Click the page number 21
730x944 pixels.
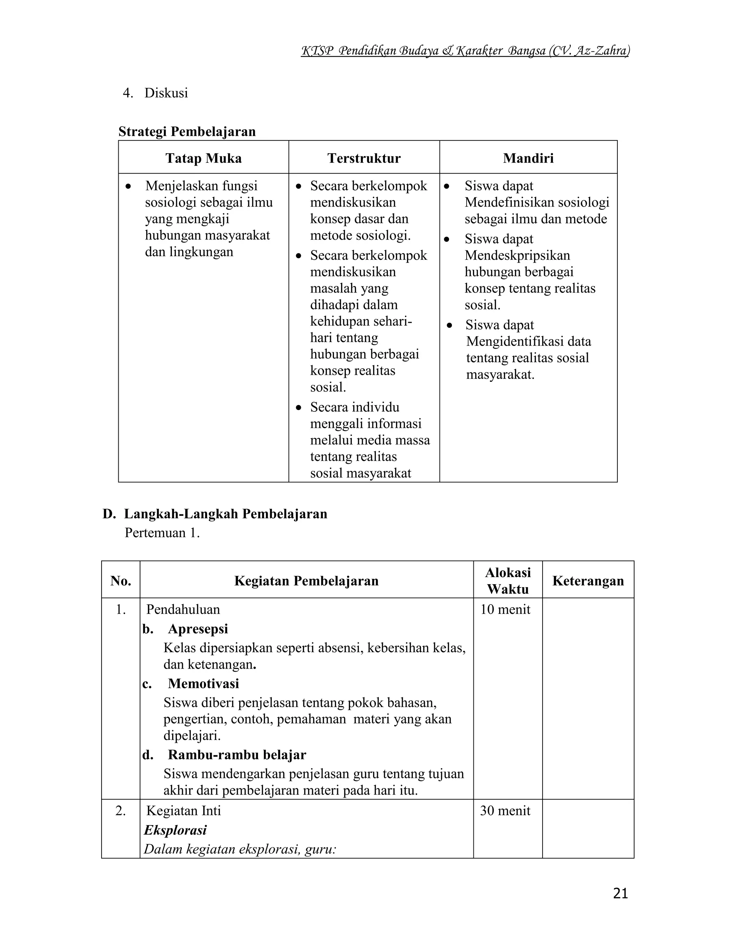620,893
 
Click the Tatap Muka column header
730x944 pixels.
203,158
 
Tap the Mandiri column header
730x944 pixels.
528,158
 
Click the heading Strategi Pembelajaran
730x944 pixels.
187,131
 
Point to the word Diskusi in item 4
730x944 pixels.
166,93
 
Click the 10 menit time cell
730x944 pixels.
505,610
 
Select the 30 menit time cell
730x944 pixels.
505,810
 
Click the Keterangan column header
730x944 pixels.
588,581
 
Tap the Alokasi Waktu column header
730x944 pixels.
508,581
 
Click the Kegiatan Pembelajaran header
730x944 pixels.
306,581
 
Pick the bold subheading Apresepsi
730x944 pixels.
197,629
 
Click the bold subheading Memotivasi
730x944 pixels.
203,683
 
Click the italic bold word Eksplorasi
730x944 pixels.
175,830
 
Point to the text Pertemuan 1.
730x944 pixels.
162,533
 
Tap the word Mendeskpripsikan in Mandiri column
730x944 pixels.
517,255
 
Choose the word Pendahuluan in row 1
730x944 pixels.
183,610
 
